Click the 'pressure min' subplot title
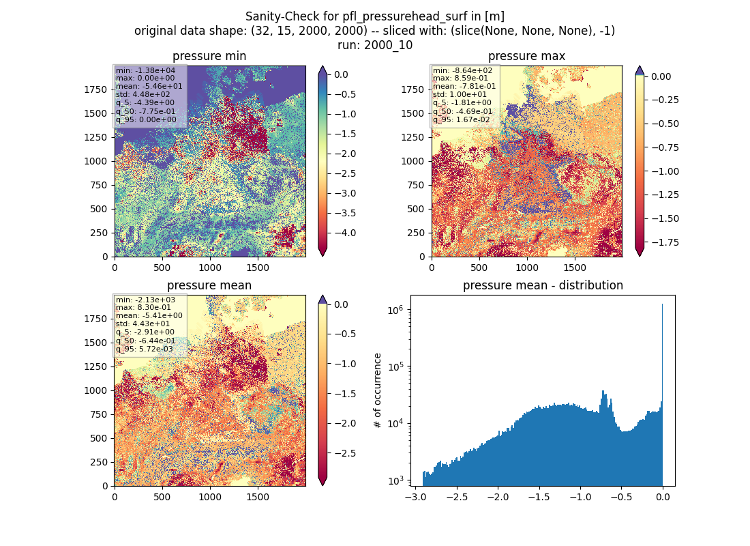[209, 56]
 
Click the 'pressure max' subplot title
[526, 56]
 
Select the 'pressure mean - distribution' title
[543, 285]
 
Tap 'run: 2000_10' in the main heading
[375, 45]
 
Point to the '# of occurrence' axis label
[378, 391]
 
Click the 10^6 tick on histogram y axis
[395, 310]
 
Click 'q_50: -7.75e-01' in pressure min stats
[146, 111]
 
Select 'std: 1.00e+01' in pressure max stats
[460, 94]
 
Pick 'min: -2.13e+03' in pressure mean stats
[145, 300]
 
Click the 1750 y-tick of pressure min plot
[95, 89]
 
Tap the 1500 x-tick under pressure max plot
[575, 268]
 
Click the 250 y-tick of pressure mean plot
[99, 462]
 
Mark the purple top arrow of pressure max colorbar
[640, 70]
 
